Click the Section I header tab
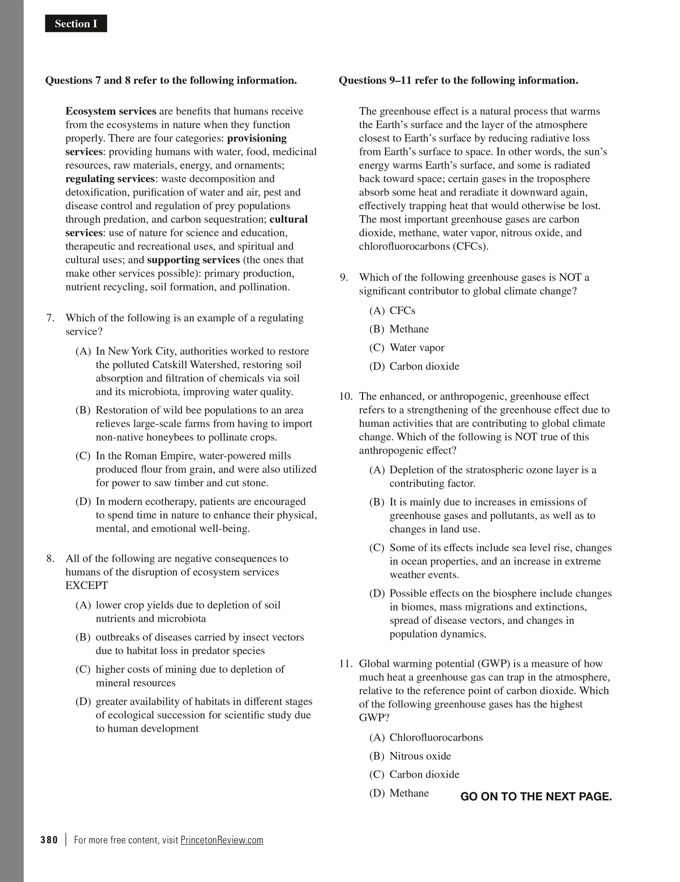76,24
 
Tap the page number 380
49,840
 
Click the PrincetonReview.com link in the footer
222,840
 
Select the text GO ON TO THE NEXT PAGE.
536,797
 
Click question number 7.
51,318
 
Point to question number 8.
51,558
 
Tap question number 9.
344,278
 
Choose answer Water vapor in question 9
417,348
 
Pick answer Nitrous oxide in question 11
420,756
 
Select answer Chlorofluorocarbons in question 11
436,737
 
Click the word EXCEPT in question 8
87,585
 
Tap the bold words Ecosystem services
111,111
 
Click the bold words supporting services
193,260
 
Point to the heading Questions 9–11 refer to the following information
458,80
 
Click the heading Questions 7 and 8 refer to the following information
171,80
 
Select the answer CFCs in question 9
402,311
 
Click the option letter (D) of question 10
376,593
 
